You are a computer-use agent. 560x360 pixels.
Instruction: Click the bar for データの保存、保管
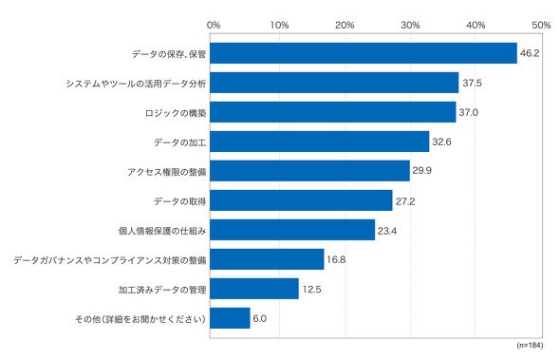click(364, 53)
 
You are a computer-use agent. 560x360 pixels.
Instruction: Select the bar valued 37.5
click(334, 83)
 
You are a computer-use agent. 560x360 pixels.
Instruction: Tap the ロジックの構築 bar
click(333, 112)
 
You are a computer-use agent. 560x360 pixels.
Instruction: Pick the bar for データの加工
click(319, 142)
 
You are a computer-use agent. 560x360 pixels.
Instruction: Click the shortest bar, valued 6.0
click(230, 318)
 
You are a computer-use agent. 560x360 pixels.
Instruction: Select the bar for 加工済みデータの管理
click(254, 289)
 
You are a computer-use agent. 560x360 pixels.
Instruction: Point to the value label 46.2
click(530, 53)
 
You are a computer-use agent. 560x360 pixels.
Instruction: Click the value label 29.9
click(421, 170)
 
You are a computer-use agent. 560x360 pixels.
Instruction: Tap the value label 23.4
click(387, 231)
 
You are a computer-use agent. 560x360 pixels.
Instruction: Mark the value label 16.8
click(336, 259)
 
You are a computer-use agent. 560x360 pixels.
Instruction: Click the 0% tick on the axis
click(214, 25)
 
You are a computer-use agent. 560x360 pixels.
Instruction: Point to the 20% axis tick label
click(345, 25)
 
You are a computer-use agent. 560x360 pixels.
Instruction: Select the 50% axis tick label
click(541, 25)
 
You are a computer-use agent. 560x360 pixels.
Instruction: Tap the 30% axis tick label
click(410, 25)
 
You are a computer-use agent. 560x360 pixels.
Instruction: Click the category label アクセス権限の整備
click(167, 172)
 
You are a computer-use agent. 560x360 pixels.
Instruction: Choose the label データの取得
click(180, 201)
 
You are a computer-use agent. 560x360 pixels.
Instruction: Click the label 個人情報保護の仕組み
click(162, 231)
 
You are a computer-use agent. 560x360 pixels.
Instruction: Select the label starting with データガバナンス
click(110, 260)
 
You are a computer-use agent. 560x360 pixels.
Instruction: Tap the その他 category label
click(140, 318)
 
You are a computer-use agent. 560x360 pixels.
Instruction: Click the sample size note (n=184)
click(530, 345)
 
